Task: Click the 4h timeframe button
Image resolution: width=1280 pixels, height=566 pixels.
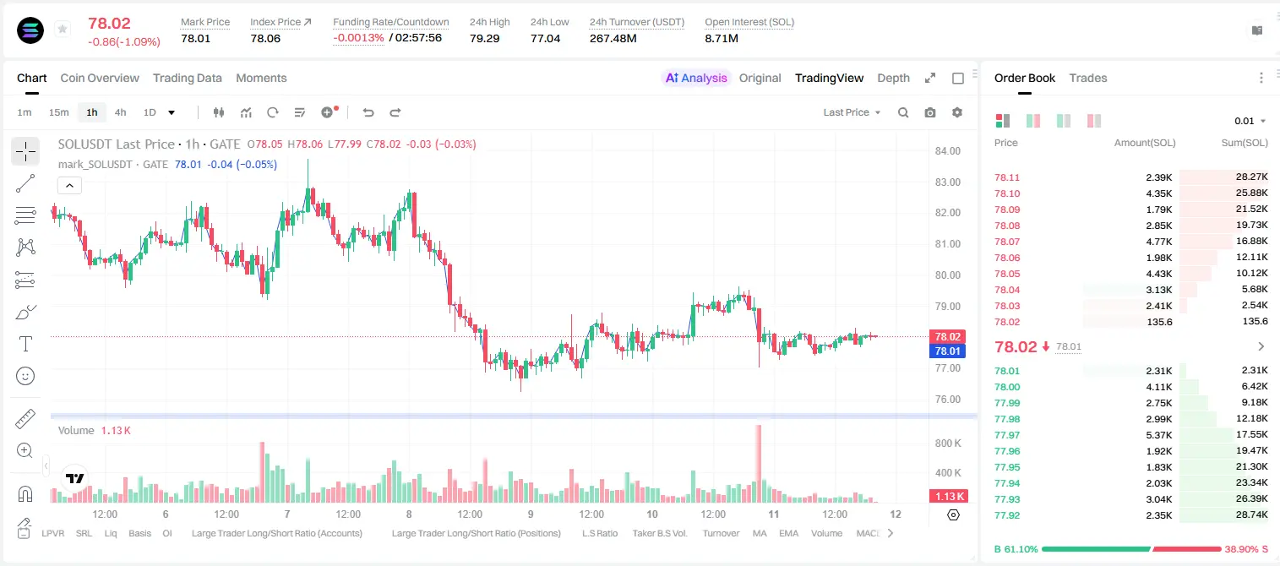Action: coord(120,112)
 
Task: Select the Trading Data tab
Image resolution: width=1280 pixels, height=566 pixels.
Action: coord(187,79)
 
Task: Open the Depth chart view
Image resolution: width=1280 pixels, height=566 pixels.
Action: coord(893,79)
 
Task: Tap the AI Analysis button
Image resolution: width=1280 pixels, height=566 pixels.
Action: coord(696,79)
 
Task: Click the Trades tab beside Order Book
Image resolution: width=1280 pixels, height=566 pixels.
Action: coord(1088,79)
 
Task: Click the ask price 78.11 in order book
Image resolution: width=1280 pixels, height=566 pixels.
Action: coord(1007,177)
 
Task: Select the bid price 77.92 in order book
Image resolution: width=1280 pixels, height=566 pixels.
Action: coord(1007,515)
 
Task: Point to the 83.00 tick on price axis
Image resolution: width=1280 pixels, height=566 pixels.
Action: coord(947,182)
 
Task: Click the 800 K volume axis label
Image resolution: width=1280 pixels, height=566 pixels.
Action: coord(948,444)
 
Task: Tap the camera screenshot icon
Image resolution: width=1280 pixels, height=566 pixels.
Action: coord(930,112)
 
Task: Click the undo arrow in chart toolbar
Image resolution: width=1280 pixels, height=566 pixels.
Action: coord(368,112)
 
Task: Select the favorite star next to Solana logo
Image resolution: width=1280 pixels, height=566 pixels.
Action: coord(63,29)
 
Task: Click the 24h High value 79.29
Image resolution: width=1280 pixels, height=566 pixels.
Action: coord(485,38)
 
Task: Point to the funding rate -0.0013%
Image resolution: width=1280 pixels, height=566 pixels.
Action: coord(358,38)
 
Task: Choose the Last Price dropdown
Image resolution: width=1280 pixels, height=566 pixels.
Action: coord(852,112)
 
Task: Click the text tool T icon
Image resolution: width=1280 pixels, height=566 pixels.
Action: coord(25,344)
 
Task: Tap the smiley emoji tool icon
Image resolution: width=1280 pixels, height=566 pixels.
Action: coord(25,376)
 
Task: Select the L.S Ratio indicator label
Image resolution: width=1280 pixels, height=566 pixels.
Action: coord(599,533)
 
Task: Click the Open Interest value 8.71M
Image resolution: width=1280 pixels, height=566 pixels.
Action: coord(722,38)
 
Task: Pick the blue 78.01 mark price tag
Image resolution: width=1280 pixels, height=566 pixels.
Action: coord(947,351)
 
